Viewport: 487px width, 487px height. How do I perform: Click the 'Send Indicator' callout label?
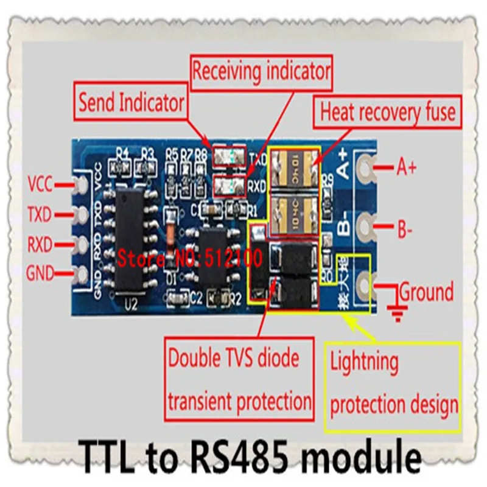click(x=131, y=103)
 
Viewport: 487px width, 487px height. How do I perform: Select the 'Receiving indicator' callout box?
click(x=261, y=71)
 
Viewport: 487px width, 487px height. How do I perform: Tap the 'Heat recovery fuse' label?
click(x=387, y=112)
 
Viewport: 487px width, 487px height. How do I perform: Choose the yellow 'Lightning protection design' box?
click(x=394, y=384)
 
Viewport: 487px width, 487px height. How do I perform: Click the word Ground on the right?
click(x=426, y=292)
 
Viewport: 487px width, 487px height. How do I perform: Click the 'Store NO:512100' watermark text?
click(x=189, y=258)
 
